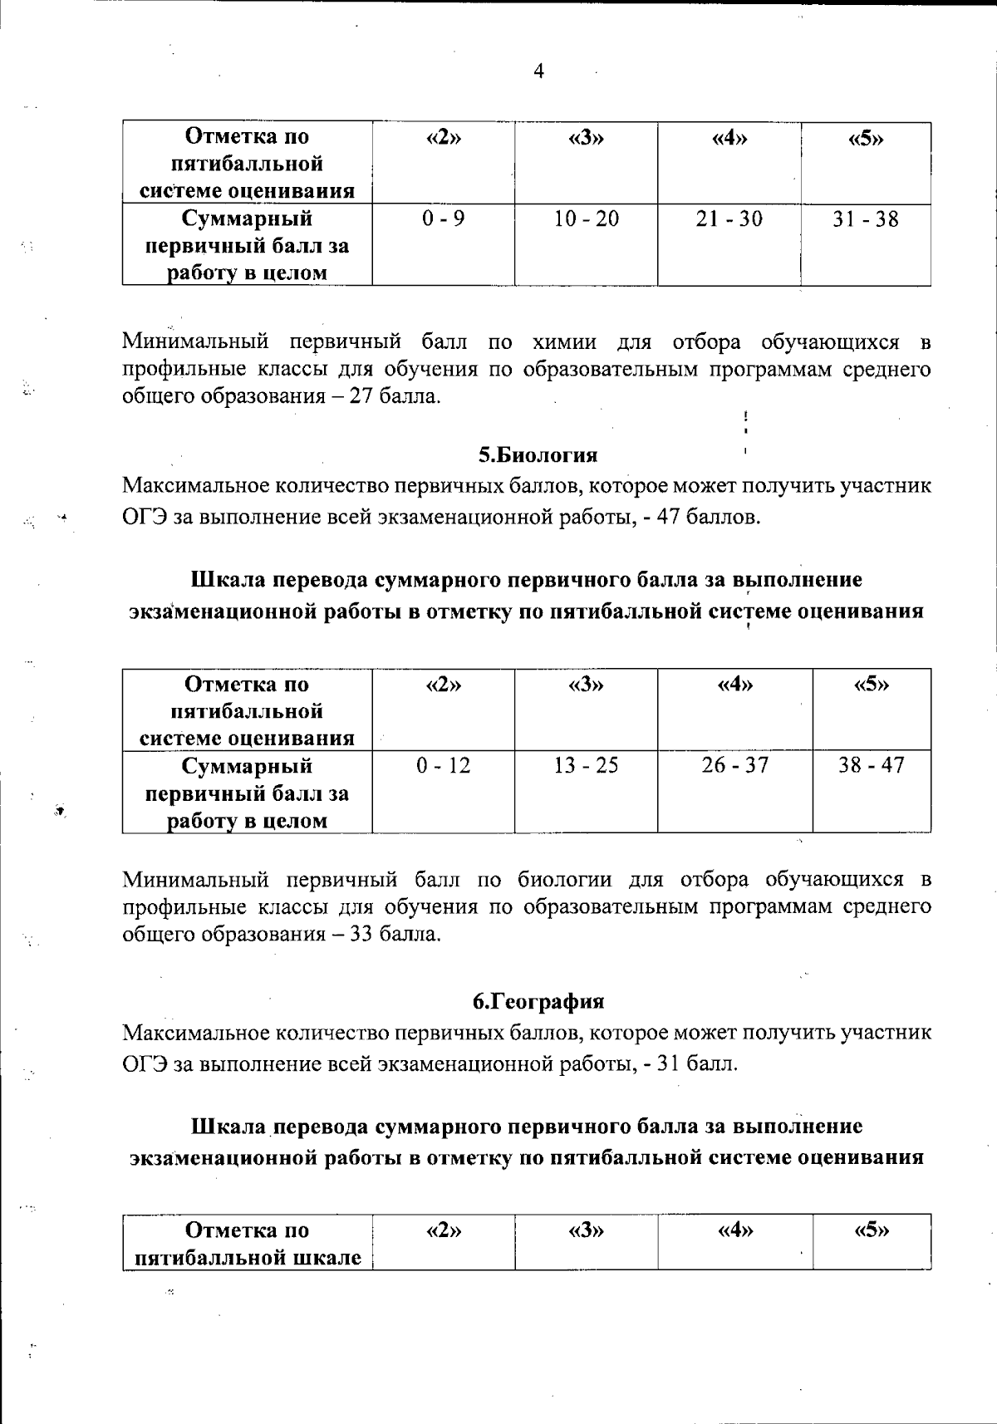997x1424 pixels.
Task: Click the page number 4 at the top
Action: pos(538,72)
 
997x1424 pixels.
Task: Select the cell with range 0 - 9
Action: pos(443,219)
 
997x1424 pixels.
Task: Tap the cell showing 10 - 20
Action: pos(587,219)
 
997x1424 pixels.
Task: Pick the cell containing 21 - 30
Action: pos(729,219)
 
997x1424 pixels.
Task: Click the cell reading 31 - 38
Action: pos(866,219)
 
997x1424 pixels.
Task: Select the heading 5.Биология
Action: pos(538,455)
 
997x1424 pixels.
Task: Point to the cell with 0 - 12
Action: pos(443,766)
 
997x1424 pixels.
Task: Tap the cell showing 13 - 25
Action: pos(587,766)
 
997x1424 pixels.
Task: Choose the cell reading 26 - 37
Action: pos(735,766)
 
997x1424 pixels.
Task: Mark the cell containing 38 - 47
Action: pos(871,766)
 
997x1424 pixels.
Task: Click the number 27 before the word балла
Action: pos(360,396)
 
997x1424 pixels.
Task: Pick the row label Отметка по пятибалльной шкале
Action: pos(248,1244)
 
